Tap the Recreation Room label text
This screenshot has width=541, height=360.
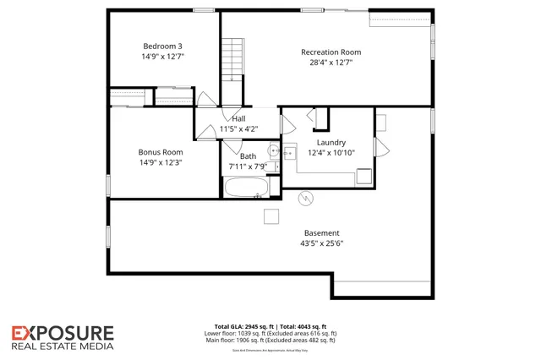pos(331,52)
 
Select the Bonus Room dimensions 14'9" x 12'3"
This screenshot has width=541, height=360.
pos(161,162)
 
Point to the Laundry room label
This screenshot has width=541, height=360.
pos(331,143)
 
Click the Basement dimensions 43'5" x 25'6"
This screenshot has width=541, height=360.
pos(322,243)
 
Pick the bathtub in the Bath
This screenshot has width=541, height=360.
pos(247,188)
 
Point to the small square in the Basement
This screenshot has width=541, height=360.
pos(270,216)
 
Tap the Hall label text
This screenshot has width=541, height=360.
pos(239,118)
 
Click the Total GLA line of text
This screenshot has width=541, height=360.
pos(270,326)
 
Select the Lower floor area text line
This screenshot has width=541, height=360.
pos(270,333)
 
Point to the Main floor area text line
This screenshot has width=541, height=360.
pos(270,340)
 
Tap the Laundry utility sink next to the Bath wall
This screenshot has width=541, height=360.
pos(289,153)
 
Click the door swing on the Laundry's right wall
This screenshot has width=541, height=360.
pos(380,150)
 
